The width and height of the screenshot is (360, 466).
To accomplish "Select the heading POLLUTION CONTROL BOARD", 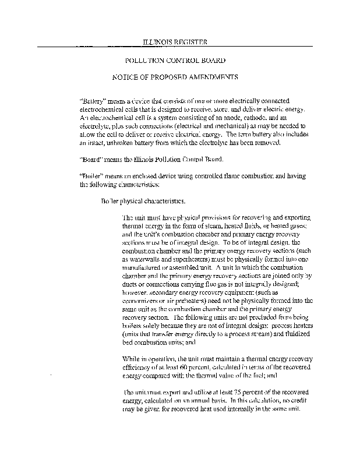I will click(172, 60).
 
